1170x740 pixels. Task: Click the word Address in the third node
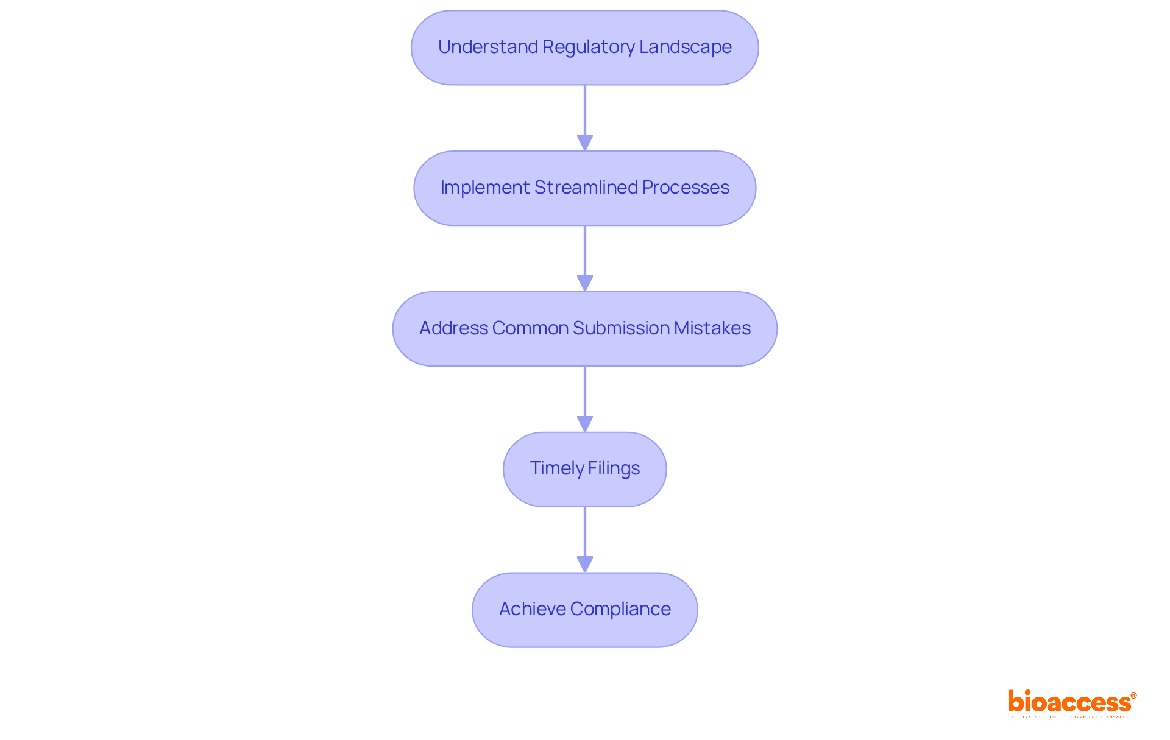[453, 328]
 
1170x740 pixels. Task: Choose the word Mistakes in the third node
[712, 328]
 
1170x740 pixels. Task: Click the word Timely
[557, 468]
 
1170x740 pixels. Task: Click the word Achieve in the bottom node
[532, 609]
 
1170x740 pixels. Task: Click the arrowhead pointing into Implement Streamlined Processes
[585, 143]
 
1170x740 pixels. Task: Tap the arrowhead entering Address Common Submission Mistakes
[585, 284]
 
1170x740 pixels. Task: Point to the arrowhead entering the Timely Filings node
[585, 424]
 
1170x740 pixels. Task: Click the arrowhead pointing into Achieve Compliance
[585, 565]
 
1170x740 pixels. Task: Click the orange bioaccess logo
[1070, 702]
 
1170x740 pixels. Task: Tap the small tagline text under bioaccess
[1069, 717]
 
